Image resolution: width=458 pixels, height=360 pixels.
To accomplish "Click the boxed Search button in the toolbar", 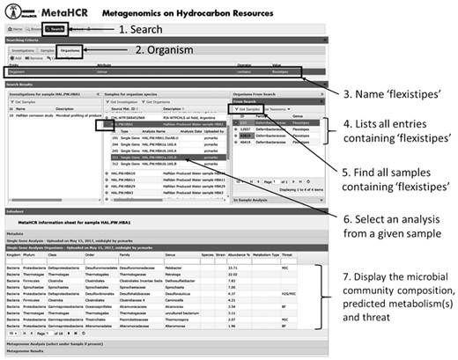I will coord(54,28).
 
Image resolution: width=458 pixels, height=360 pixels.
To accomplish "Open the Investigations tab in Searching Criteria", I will coord(24,51).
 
